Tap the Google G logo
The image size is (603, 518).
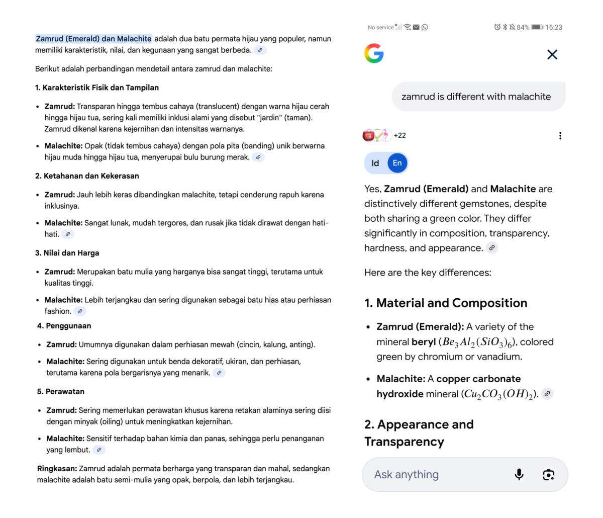[374, 54]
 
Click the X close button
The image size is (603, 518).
[552, 54]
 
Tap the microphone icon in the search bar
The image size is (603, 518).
[519, 474]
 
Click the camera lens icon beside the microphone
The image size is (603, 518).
[548, 474]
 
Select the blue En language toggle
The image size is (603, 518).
[397, 163]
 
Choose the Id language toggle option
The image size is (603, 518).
[375, 163]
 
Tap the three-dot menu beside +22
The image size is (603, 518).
[560, 135]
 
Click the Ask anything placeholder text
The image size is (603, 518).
[406, 474]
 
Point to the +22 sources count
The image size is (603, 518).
[399, 135]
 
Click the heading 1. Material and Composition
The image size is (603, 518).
[446, 303]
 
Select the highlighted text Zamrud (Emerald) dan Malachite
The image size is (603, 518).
[93, 39]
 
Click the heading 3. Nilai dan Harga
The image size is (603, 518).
[67, 253]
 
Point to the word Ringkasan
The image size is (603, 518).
[57, 469]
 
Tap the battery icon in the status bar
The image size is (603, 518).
[537, 27]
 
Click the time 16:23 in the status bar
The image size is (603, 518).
[554, 27]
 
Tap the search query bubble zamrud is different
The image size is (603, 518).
[476, 97]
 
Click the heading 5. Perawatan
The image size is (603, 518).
[60, 392]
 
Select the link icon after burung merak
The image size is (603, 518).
[258, 157]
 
